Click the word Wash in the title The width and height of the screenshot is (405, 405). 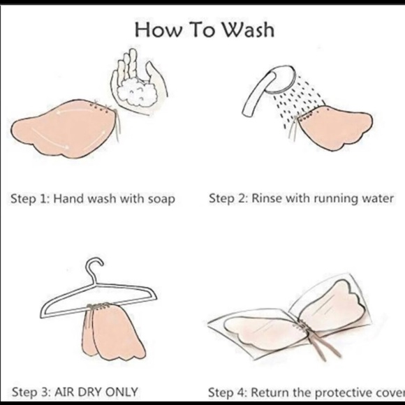click(248, 30)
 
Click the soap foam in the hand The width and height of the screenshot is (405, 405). click(137, 92)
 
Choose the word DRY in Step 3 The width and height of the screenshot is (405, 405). click(90, 392)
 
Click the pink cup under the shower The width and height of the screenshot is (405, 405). click(334, 127)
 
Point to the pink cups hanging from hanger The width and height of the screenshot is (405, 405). click(114, 332)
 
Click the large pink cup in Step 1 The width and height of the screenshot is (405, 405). click(64, 128)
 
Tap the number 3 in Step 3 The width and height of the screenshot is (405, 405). click(45, 392)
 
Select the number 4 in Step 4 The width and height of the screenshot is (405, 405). click(243, 392)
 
